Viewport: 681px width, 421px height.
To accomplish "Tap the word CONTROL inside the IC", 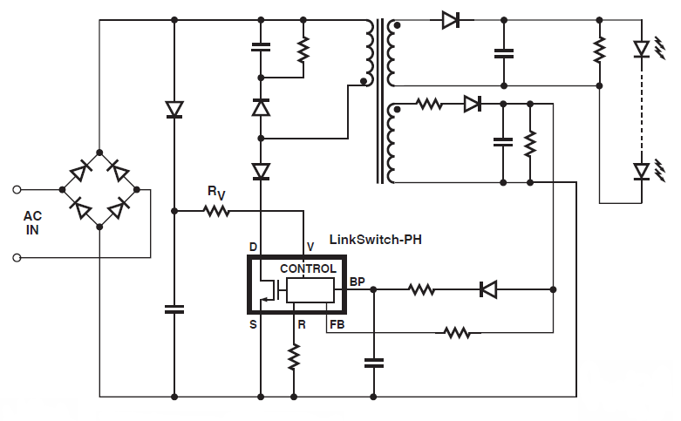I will pyautogui.click(x=308, y=268).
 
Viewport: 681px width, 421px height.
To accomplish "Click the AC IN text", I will pyautogui.click(x=31, y=221).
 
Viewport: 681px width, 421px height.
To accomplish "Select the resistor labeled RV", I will pyautogui.click(x=215, y=210).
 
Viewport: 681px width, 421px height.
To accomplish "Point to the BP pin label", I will pyautogui.click(x=357, y=282).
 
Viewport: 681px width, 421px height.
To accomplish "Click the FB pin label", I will pyautogui.click(x=336, y=324).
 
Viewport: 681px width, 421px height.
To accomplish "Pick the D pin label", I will pyautogui.click(x=253, y=248).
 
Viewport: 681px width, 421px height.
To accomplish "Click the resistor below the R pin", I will pyautogui.click(x=294, y=356).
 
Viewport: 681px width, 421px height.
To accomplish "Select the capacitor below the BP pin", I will pyautogui.click(x=373, y=363).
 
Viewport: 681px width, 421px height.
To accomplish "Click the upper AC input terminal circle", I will pyautogui.click(x=17, y=187).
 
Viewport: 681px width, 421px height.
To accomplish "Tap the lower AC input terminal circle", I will pyautogui.click(x=17, y=257).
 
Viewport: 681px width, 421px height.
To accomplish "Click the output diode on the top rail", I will pyautogui.click(x=451, y=20).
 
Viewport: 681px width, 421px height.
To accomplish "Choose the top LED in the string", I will pyautogui.click(x=642, y=49).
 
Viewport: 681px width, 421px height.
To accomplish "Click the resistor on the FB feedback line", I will pyautogui.click(x=456, y=332).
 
